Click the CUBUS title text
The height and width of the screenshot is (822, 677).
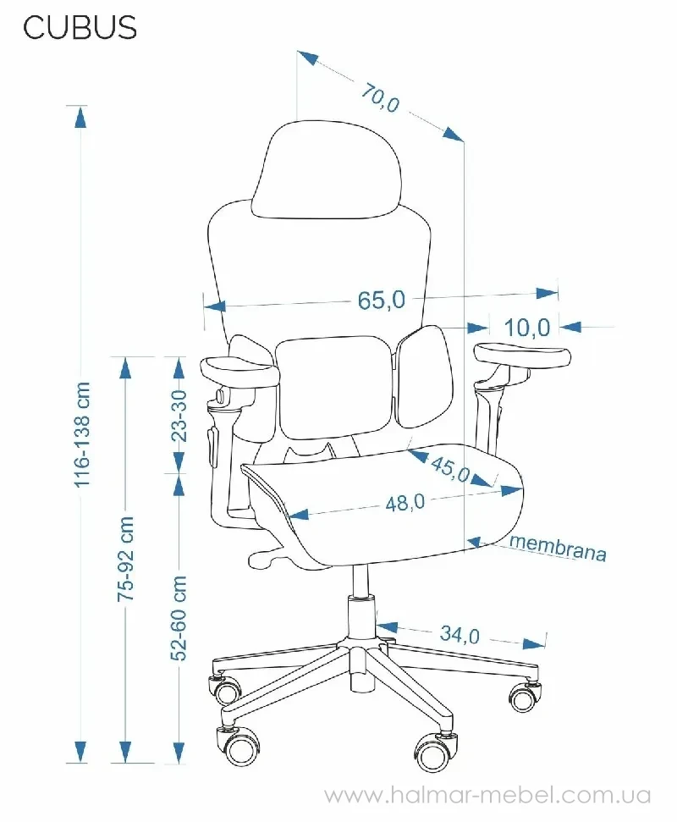tap(80, 27)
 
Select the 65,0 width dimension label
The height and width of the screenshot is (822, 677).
tap(382, 300)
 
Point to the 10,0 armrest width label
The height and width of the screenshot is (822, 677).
tap(527, 328)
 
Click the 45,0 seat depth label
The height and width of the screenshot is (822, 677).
tap(450, 468)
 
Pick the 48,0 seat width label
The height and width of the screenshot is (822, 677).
tap(405, 503)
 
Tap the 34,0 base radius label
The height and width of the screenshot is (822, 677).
tap(460, 634)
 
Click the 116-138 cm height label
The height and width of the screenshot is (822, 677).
tap(82, 434)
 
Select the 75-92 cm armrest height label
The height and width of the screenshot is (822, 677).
tap(126, 559)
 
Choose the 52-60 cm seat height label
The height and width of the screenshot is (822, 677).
tap(179, 617)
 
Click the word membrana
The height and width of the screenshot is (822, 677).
tap(558, 548)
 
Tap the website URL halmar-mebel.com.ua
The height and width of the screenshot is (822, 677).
tap(487, 795)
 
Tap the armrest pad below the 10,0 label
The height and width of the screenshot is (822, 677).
tap(522, 355)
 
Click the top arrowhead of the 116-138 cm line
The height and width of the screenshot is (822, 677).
tap(80, 117)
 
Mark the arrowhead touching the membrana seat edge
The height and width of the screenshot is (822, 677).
tap(475, 542)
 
